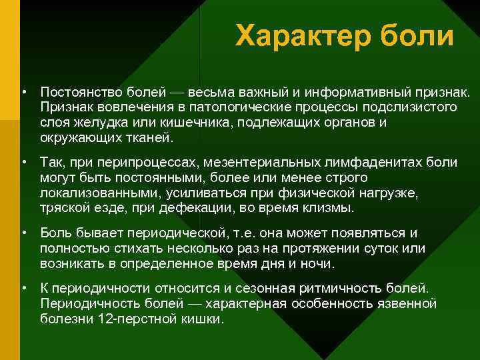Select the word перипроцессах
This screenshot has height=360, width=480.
click(x=138, y=162)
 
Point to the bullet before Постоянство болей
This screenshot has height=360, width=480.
click(x=23, y=91)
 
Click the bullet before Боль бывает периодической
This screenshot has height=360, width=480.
click(x=23, y=233)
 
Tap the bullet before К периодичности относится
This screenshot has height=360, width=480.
click(x=23, y=287)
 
